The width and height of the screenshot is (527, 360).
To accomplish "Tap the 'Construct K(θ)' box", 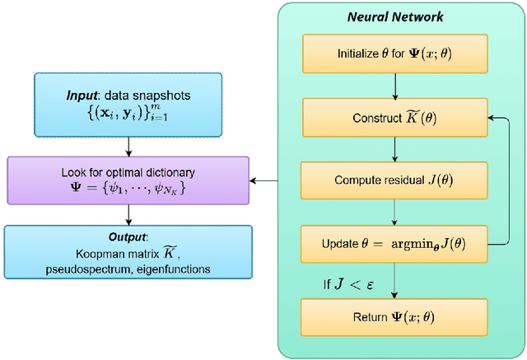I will (395, 118).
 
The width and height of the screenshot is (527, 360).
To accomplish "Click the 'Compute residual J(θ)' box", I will (395, 180).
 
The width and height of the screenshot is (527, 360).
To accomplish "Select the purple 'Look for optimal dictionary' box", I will (128, 180).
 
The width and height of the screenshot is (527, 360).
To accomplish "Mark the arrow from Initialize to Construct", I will (396, 86).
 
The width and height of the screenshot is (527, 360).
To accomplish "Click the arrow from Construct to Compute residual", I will (396, 149).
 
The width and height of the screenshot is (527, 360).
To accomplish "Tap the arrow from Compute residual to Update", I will (396, 212).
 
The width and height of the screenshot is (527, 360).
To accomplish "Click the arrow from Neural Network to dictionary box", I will (263, 180).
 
